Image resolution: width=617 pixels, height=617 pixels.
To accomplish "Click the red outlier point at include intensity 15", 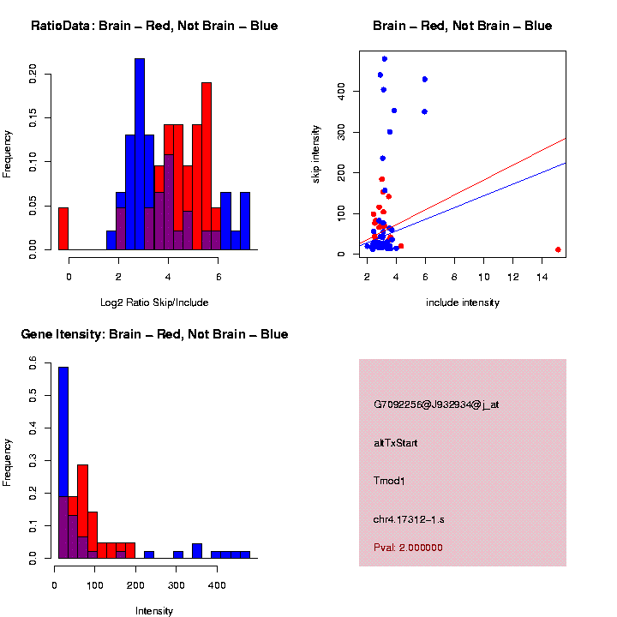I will coord(558,249).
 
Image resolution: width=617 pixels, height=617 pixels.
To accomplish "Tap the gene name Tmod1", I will coord(389,481).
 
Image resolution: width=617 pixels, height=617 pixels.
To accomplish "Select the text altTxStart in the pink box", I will coord(395,443).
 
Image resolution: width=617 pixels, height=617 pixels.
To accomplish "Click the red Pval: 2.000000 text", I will coord(408,548).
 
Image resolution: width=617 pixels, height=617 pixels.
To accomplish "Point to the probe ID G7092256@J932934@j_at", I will coord(436,404).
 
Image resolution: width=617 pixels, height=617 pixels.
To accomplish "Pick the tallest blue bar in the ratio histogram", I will coord(140,154).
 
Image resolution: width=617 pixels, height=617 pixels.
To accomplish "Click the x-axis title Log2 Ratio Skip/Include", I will coord(154,303).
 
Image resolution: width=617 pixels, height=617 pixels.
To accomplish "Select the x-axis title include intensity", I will coord(463,303).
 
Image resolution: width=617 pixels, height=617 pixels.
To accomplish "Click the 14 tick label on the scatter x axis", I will coord(542,277).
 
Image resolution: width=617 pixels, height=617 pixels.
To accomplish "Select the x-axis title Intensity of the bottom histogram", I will coord(154,611).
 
